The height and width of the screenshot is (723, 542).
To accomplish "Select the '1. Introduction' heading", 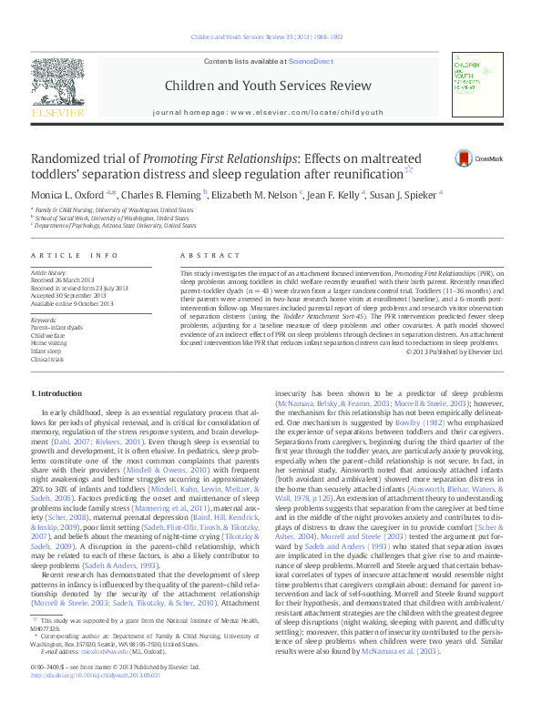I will pos(57,392).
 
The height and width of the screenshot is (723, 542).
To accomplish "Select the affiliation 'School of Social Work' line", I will pos(113,219).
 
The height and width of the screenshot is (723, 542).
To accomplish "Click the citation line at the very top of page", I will pos(271,37).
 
